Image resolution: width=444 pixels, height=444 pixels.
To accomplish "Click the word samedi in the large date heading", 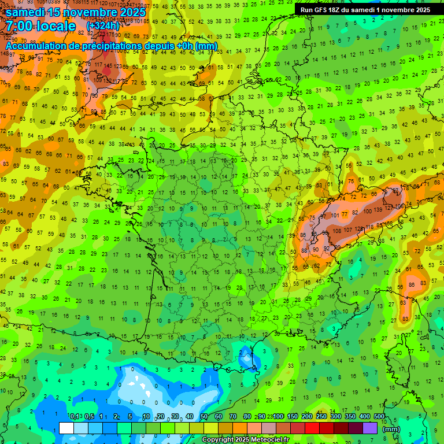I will coord(25,12).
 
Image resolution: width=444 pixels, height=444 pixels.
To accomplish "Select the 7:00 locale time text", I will coord(41,26).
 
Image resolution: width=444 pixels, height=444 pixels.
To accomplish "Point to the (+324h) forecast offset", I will coord(103,26).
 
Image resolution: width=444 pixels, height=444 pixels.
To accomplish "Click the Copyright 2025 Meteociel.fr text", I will coord(245,439).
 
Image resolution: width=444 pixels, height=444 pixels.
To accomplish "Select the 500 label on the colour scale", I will coord(379,417).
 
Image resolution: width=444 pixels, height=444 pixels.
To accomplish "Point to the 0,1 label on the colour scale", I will coord(75,417).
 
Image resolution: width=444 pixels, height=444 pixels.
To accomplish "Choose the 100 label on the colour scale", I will coord(279,417).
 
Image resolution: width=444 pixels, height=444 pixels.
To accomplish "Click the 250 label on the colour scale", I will coord(321,417).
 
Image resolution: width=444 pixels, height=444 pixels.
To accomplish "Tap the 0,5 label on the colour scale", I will coord(89,417).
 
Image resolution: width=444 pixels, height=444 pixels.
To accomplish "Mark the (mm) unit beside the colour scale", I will coord(391,429).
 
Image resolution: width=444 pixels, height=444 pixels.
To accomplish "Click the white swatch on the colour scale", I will coord(66,428).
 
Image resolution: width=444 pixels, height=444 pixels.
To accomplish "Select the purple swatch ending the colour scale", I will coord(371,428).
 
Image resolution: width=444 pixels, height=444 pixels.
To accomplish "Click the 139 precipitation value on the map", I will coord(379,209).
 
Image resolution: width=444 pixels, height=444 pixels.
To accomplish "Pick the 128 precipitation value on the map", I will coord(367,228).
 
